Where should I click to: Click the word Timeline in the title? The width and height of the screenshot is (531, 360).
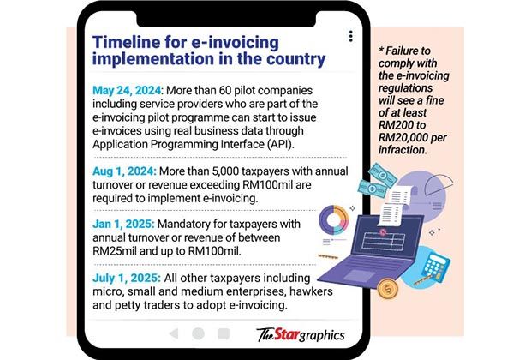pyautogui.click(x=129, y=41)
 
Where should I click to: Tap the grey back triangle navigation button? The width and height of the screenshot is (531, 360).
pyautogui.click(x=173, y=333)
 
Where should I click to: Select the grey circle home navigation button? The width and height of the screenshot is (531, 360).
pyautogui.click(x=199, y=333)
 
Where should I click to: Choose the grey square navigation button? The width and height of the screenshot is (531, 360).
pyautogui.click(x=224, y=333)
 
